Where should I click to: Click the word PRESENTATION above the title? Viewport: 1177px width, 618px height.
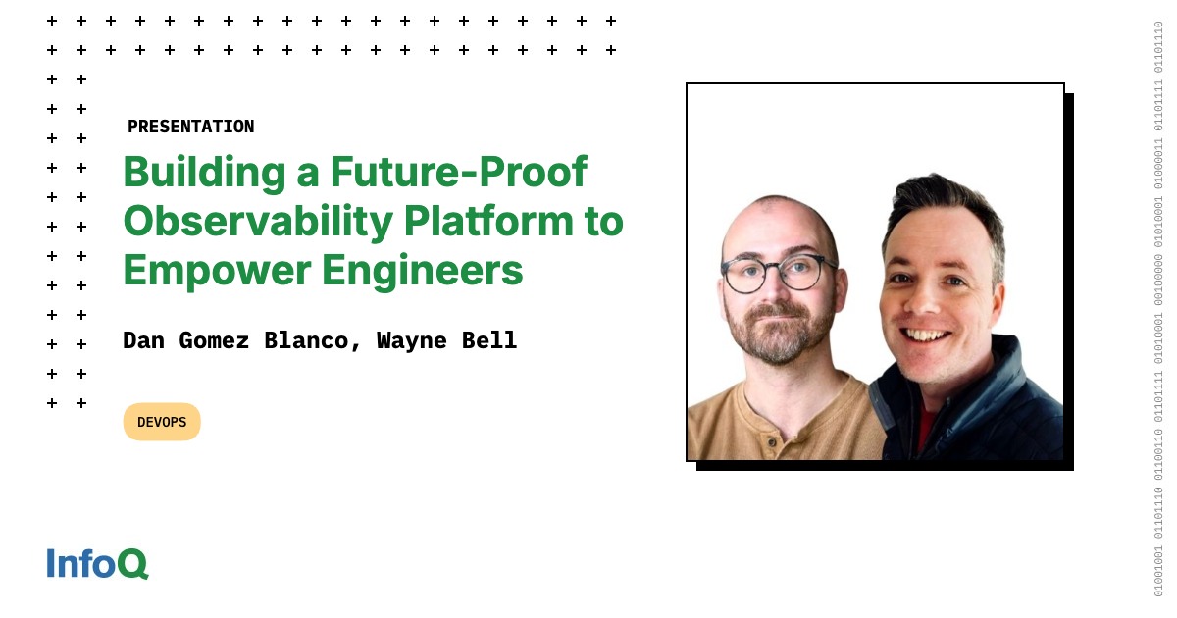190,127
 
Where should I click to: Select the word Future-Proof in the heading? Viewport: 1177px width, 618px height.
458,173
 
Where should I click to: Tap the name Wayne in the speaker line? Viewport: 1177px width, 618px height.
412,340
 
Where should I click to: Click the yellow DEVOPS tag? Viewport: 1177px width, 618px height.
162,422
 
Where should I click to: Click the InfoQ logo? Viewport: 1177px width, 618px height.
97,563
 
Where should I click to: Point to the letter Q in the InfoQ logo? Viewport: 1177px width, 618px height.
134,564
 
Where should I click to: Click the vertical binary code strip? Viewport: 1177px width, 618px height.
1158,309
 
